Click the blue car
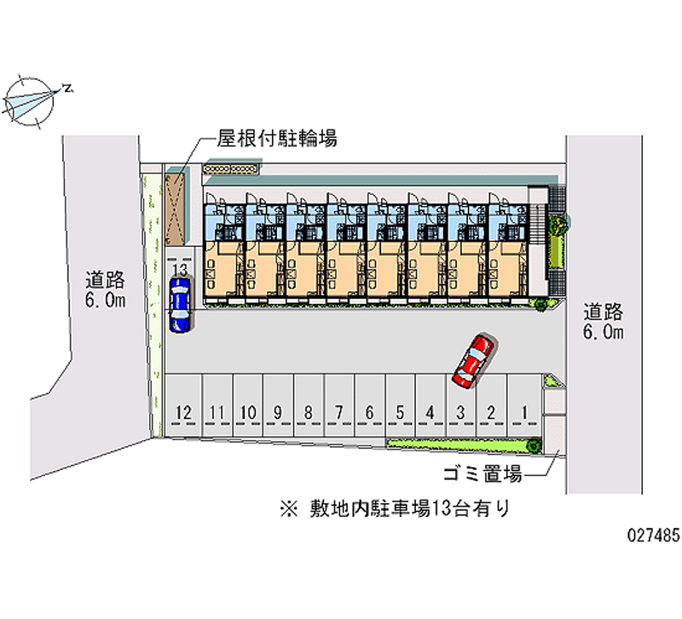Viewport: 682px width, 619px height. pyautogui.click(x=180, y=305)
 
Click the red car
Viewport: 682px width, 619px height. pyautogui.click(x=473, y=360)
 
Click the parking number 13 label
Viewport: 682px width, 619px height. pyautogui.click(x=180, y=270)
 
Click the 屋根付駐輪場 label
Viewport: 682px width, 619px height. pyautogui.click(x=276, y=139)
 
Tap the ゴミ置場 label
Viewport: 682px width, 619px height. pyautogui.click(x=483, y=473)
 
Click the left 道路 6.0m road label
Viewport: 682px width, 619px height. pyautogui.click(x=105, y=289)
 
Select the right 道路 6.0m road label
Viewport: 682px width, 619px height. pyautogui.click(x=604, y=322)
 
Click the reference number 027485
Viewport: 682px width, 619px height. pyautogui.click(x=653, y=536)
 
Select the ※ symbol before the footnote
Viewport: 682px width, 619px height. pyautogui.click(x=288, y=508)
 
